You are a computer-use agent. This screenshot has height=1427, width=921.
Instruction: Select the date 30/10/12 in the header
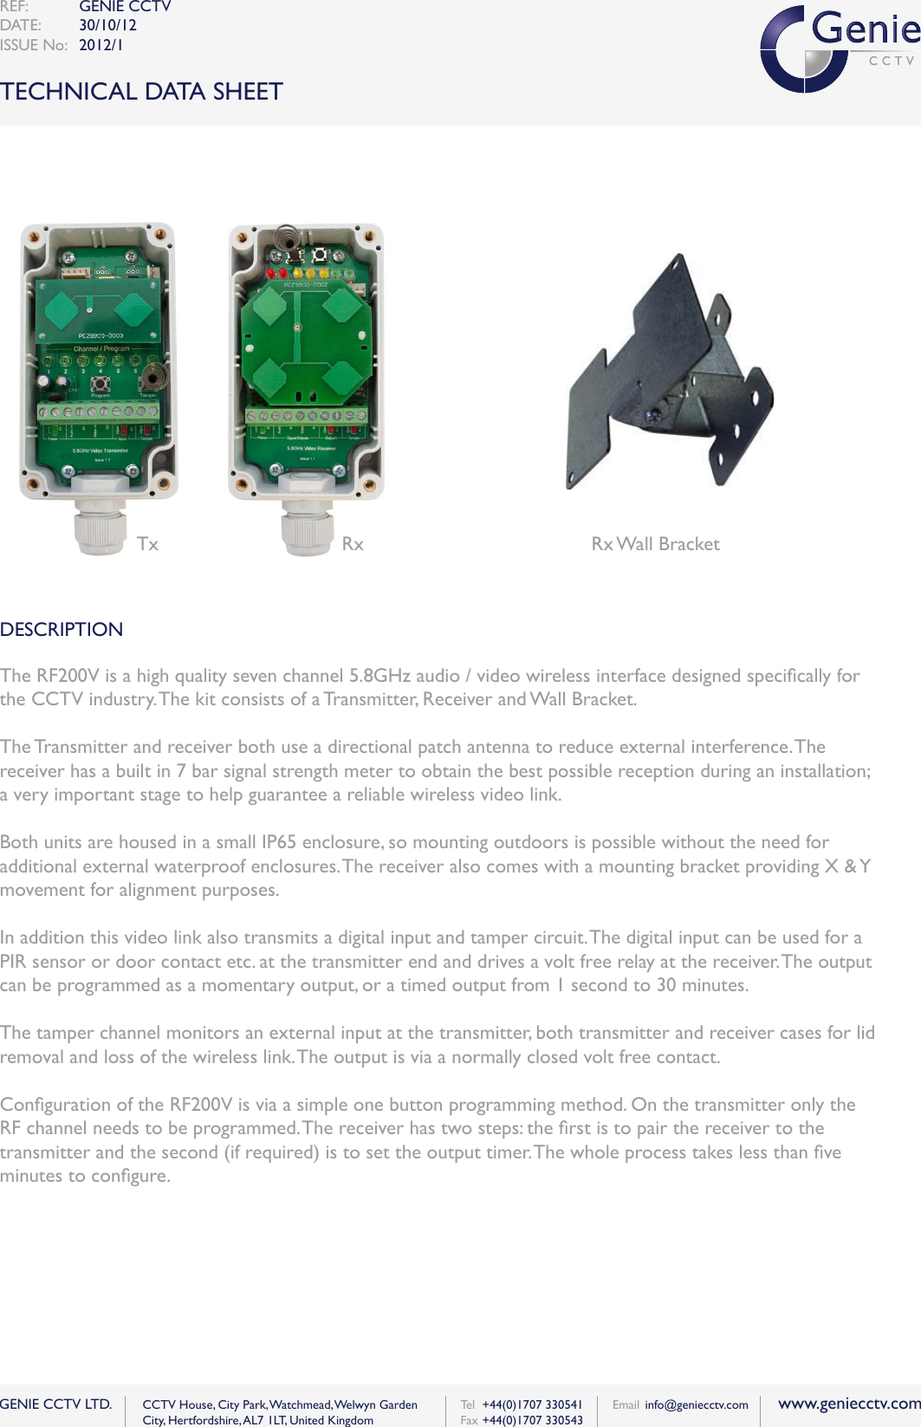coord(107,25)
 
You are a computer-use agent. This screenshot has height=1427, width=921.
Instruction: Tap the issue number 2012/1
coord(101,45)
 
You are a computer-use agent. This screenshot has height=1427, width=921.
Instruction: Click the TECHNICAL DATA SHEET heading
coord(141,91)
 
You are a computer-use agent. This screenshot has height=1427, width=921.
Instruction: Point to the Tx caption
coord(147,544)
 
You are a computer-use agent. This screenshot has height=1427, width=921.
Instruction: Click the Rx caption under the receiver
coord(352,544)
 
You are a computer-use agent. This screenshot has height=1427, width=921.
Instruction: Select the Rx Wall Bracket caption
coord(655,544)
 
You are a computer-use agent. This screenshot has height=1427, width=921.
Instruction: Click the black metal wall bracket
coord(667,381)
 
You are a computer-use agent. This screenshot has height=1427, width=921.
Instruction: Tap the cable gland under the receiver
coord(308,527)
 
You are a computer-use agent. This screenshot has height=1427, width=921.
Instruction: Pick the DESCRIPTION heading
coord(62,629)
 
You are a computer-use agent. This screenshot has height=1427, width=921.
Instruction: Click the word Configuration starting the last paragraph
coord(56,1105)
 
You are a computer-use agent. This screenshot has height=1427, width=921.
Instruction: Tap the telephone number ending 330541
coord(532,1404)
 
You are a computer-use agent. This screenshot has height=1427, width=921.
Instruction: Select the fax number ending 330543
coord(532,1420)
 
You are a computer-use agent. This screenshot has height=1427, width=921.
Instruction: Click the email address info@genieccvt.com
coord(696,1404)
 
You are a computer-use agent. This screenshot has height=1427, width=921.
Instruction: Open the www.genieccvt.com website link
coord(848,1404)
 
